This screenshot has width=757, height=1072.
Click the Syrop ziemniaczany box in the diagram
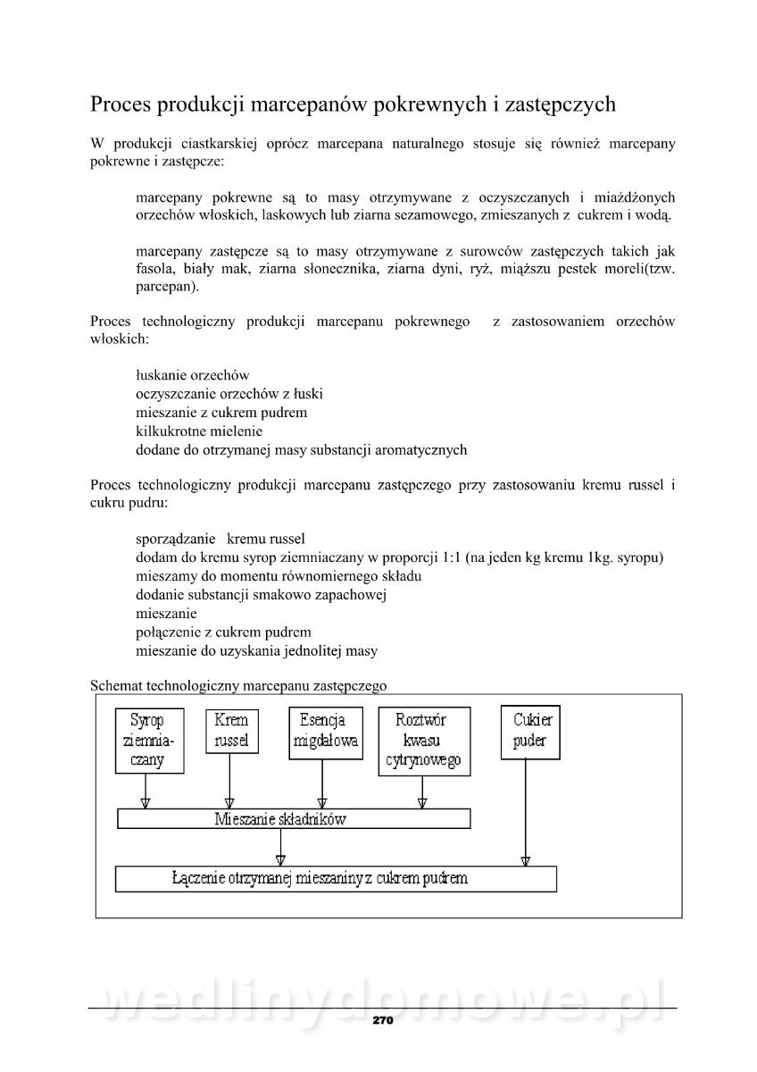tap(152, 741)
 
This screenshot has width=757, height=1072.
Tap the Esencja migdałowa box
tap(326, 733)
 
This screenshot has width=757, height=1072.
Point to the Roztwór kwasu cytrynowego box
tap(424, 741)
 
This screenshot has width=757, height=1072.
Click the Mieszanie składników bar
tap(294, 818)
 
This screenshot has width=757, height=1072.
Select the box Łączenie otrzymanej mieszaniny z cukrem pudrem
tap(336, 878)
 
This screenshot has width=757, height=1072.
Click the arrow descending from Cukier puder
tap(525, 813)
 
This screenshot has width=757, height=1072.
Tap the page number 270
tap(382, 1019)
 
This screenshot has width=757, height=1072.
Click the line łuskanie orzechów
tap(192, 375)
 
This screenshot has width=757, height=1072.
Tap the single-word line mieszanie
tap(166, 614)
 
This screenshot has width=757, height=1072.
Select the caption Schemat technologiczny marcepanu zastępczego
tap(237, 685)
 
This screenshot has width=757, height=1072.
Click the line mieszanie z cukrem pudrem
tap(221, 413)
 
